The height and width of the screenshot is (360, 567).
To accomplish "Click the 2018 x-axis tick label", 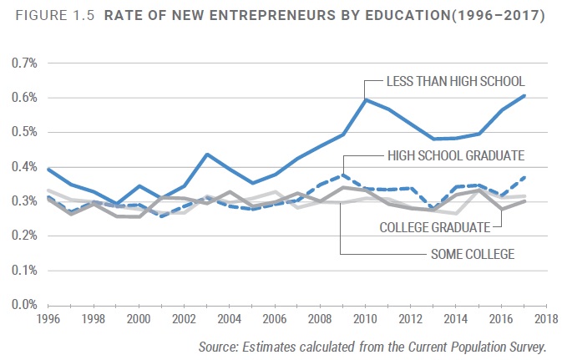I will pyautogui.click(x=547, y=318).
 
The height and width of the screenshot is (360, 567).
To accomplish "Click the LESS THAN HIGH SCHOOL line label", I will pyautogui.click(x=454, y=82).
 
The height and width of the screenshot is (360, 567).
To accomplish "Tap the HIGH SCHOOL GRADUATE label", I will pyautogui.click(x=455, y=155).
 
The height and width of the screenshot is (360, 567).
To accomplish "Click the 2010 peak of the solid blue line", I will pyautogui.click(x=366, y=99).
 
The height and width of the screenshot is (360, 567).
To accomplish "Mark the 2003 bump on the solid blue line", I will pyautogui.click(x=207, y=155).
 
